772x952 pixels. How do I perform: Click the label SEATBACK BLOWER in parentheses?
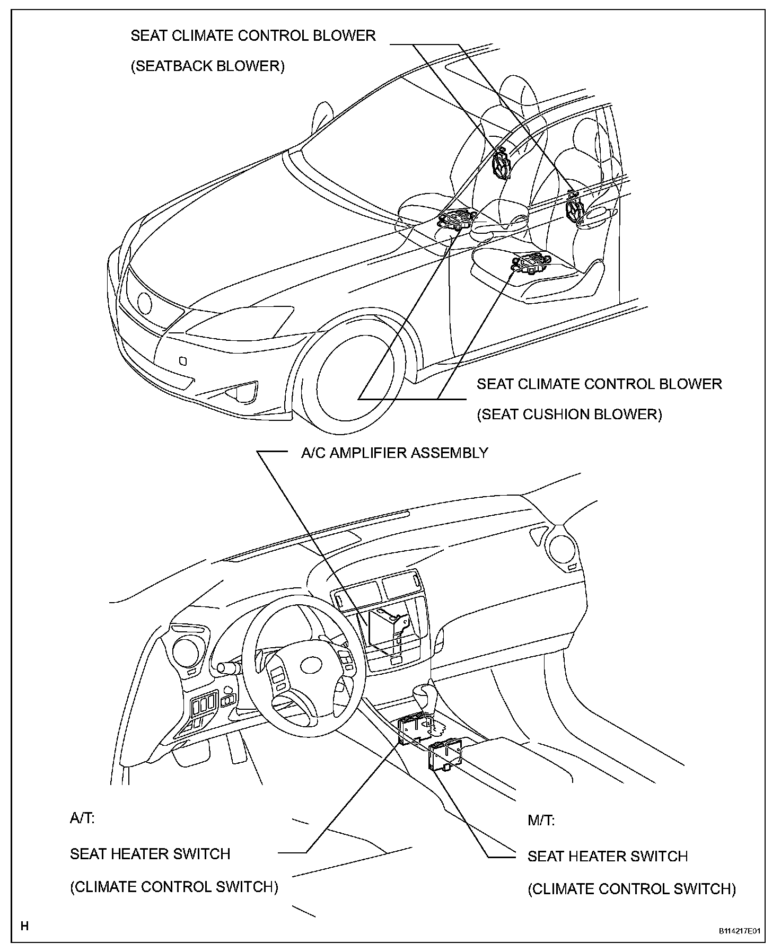click(x=207, y=66)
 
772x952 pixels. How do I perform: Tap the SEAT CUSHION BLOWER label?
click(x=569, y=414)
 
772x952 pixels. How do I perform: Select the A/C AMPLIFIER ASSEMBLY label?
click(x=394, y=453)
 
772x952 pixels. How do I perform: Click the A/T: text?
click(x=82, y=818)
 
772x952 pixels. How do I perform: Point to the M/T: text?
click(x=541, y=821)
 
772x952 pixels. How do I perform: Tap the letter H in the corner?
click(x=24, y=926)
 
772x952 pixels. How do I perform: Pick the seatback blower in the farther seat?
click(x=501, y=164)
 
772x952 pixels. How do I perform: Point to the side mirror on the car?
click(x=322, y=119)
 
